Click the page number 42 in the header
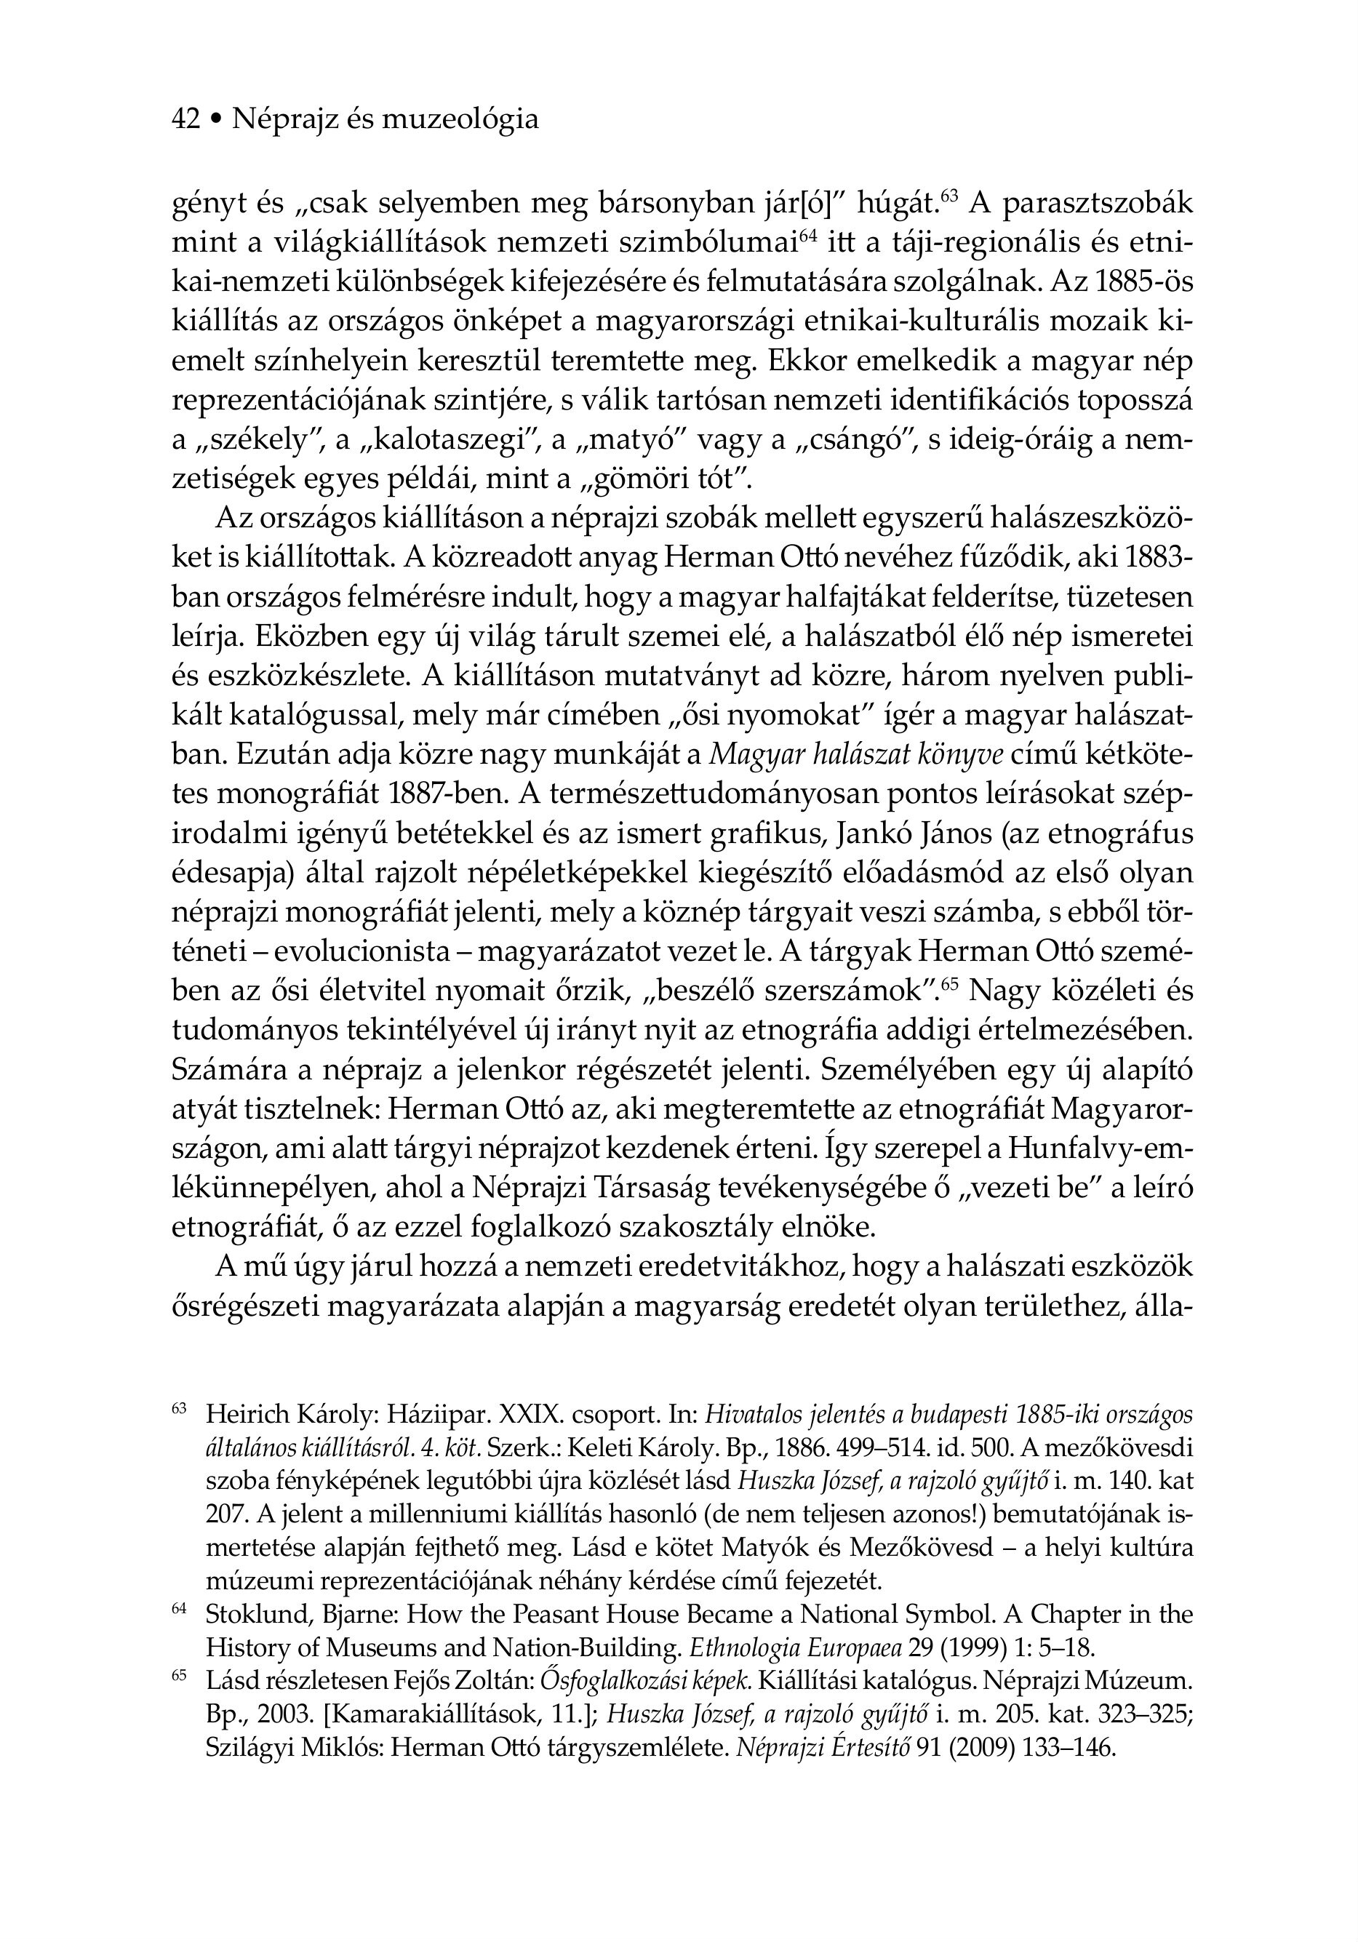pyautogui.click(x=186, y=120)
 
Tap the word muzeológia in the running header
pyautogui.click(x=460, y=120)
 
